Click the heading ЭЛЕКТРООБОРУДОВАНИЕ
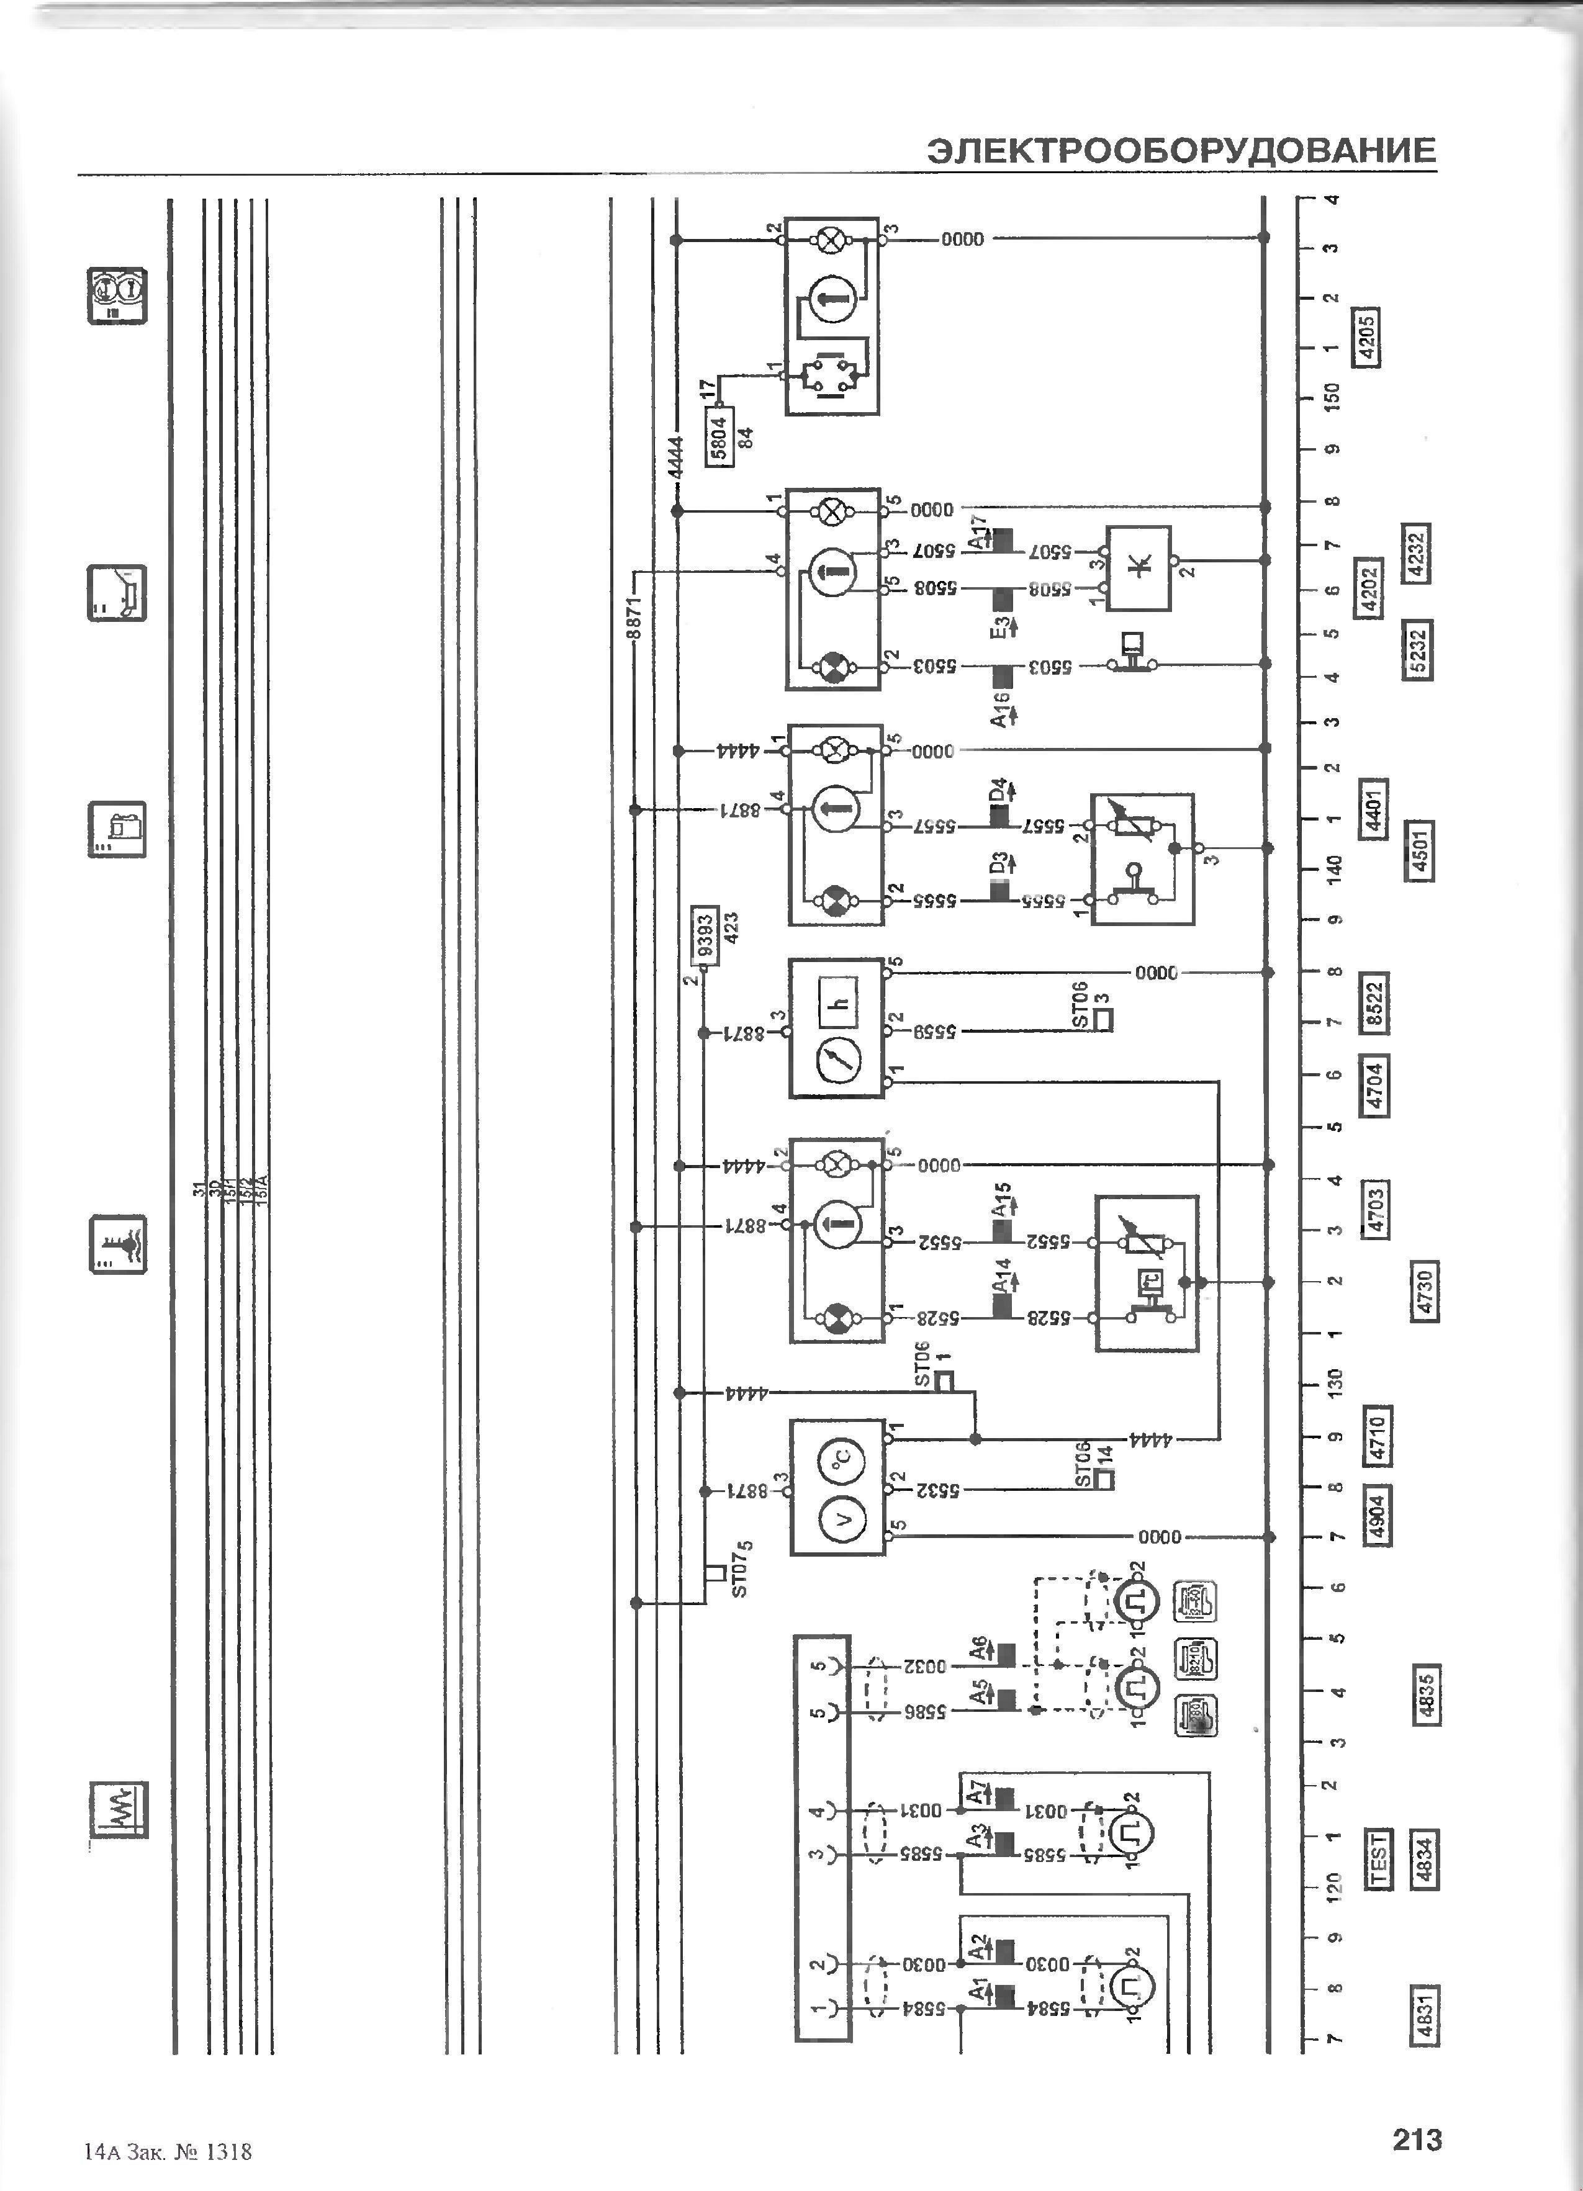click(x=1181, y=151)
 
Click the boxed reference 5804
click(x=719, y=437)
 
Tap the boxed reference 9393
click(x=705, y=936)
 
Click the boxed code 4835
click(x=1425, y=1693)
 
